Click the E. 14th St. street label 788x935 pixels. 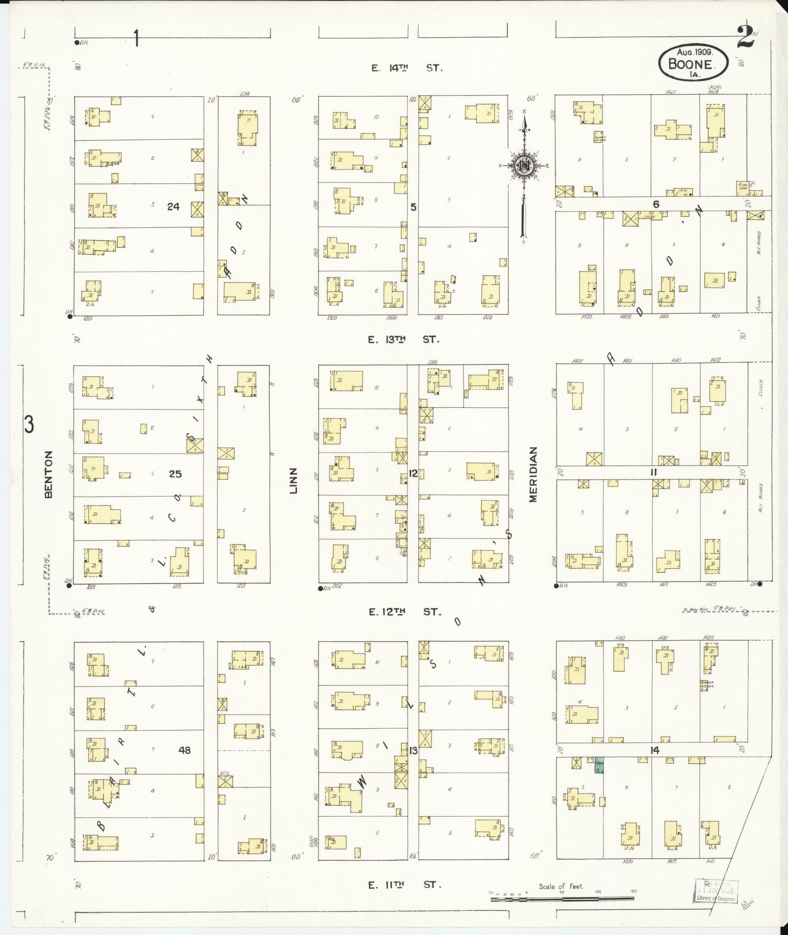point(406,68)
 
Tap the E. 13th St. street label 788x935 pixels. point(404,339)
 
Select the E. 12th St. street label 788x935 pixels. point(405,611)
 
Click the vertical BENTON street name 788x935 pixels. point(48,474)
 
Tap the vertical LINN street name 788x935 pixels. point(294,479)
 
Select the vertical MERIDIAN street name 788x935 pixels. point(532,474)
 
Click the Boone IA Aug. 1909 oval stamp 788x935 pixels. point(693,63)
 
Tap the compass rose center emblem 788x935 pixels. point(523,166)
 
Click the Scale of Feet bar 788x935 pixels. point(562,899)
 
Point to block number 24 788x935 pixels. point(173,207)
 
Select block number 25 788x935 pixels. point(175,474)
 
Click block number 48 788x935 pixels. point(184,750)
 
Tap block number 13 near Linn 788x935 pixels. point(413,751)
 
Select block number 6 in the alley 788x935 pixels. point(656,204)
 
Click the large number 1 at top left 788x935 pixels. point(137,38)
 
